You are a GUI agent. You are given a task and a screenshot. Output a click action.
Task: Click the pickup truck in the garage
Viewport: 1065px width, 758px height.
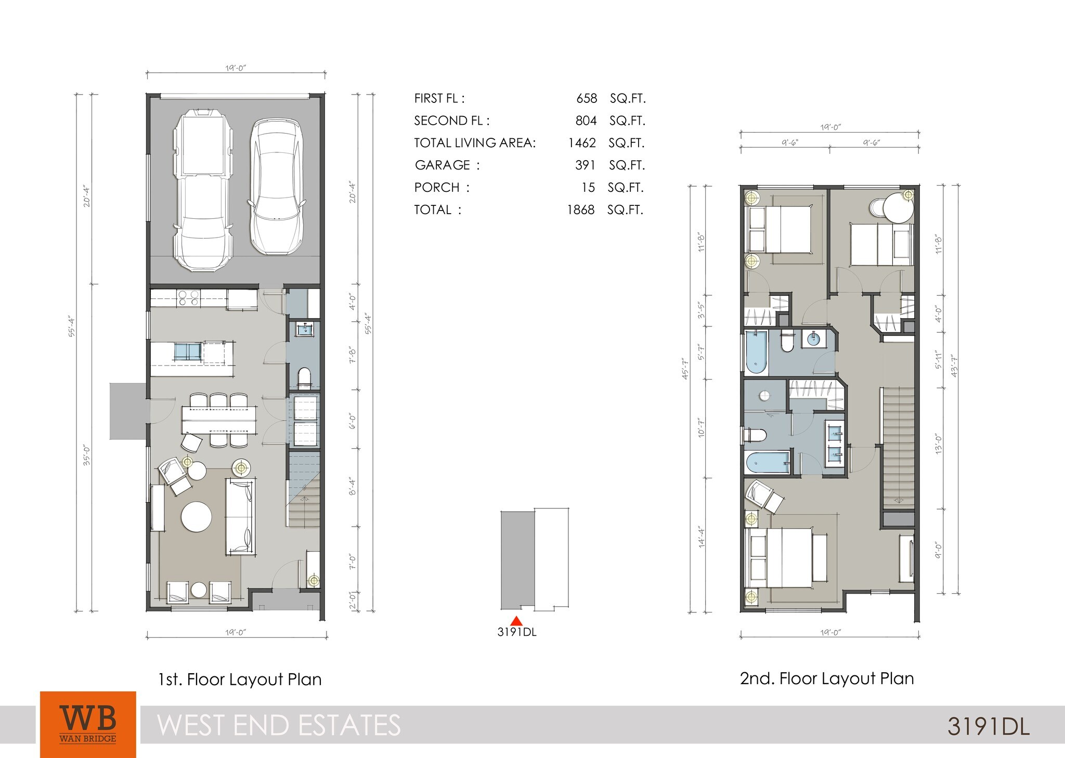click(203, 190)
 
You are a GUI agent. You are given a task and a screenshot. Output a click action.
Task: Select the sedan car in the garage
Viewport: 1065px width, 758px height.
click(276, 187)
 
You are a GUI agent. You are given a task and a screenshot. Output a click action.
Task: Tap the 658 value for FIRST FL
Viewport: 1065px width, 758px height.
click(586, 98)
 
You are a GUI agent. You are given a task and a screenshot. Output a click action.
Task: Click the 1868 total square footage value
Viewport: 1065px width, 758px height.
click(580, 210)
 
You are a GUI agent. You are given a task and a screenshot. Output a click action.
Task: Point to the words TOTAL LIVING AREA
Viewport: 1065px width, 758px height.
click(474, 143)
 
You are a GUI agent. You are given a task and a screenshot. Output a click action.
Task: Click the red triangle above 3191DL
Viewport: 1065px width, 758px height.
click(516, 621)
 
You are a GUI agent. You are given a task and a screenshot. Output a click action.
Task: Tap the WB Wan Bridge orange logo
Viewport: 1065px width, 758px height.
click(88, 724)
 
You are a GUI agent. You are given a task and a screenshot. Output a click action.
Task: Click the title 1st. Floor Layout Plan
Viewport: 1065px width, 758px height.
click(240, 679)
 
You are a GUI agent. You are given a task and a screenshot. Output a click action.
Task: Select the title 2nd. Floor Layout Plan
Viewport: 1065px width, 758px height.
click(826, 678)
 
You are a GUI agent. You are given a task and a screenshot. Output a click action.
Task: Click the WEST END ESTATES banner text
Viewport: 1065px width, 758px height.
click(279, 725)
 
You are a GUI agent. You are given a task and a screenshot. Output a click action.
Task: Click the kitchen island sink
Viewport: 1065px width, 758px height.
click(187, 352)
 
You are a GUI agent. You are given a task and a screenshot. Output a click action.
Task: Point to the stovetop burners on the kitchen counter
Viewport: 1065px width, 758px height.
click(188, 297)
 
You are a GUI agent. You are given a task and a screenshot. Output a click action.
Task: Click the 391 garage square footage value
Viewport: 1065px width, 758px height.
click(585, 165)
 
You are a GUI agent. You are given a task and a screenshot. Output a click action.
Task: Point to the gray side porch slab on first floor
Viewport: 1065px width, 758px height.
click(128, 411)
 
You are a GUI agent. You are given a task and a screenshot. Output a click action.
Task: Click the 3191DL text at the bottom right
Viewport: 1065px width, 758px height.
click(988, 726)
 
